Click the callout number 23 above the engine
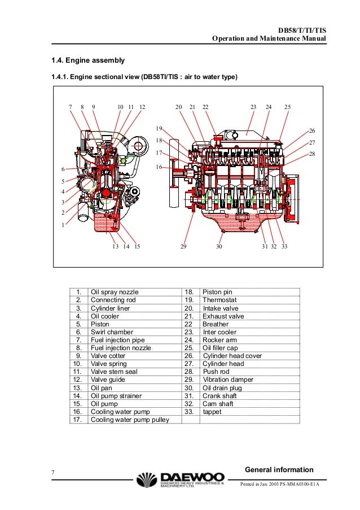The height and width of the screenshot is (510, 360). (x=253, y=107)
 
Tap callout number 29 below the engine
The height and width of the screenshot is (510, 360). (x=183, y=246)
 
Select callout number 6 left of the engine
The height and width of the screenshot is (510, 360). (x=63, y=169)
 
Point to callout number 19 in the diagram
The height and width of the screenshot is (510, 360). (x=159, y=129)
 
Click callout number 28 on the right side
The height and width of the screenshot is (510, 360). (x=312, y=154)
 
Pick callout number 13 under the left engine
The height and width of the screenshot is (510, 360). (x=115, y=246)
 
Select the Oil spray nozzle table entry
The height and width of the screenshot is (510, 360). (x=114, y=292)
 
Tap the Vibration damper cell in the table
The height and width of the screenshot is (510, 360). (x=228, y=380)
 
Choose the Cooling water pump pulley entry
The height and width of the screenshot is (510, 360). (x=130, y=420)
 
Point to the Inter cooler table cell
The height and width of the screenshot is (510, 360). (x=220, y=332)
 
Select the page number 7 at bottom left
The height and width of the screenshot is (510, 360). (x=52, y=472)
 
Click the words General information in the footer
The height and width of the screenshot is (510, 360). (x=279, y=470)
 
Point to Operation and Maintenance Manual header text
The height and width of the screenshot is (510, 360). (x=269, y=39)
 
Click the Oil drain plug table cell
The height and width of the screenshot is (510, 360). (x=223, y=388)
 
